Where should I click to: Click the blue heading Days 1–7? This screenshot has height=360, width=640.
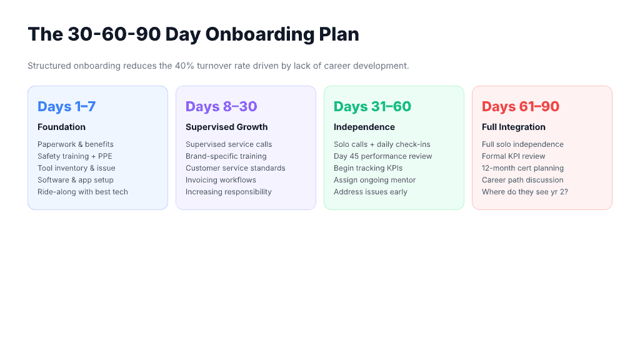(67, 106)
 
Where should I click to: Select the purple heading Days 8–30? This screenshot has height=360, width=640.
(221, 106)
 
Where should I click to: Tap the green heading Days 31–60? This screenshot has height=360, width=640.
(372, 106)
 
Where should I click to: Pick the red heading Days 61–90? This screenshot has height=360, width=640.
(521, 106)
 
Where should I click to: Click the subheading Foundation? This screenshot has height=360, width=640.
(61, 127)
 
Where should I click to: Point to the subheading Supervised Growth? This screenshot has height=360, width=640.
(226, 127)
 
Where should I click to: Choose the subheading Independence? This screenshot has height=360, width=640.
(364, 127)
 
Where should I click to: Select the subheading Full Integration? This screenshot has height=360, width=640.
(514, 127)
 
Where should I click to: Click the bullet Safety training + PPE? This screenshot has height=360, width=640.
(75, 156)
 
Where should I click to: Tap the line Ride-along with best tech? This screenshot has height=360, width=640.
(82, 192)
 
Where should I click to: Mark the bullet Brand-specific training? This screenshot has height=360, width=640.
(226, 156)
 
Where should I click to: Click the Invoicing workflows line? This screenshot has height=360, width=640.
(221, 180)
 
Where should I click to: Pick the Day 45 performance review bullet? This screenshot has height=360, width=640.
(383, 156)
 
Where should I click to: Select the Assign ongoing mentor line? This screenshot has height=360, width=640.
(375, 180)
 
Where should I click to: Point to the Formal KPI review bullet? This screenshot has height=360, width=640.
(514, 156)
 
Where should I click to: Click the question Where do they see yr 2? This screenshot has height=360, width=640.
(525, 192)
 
